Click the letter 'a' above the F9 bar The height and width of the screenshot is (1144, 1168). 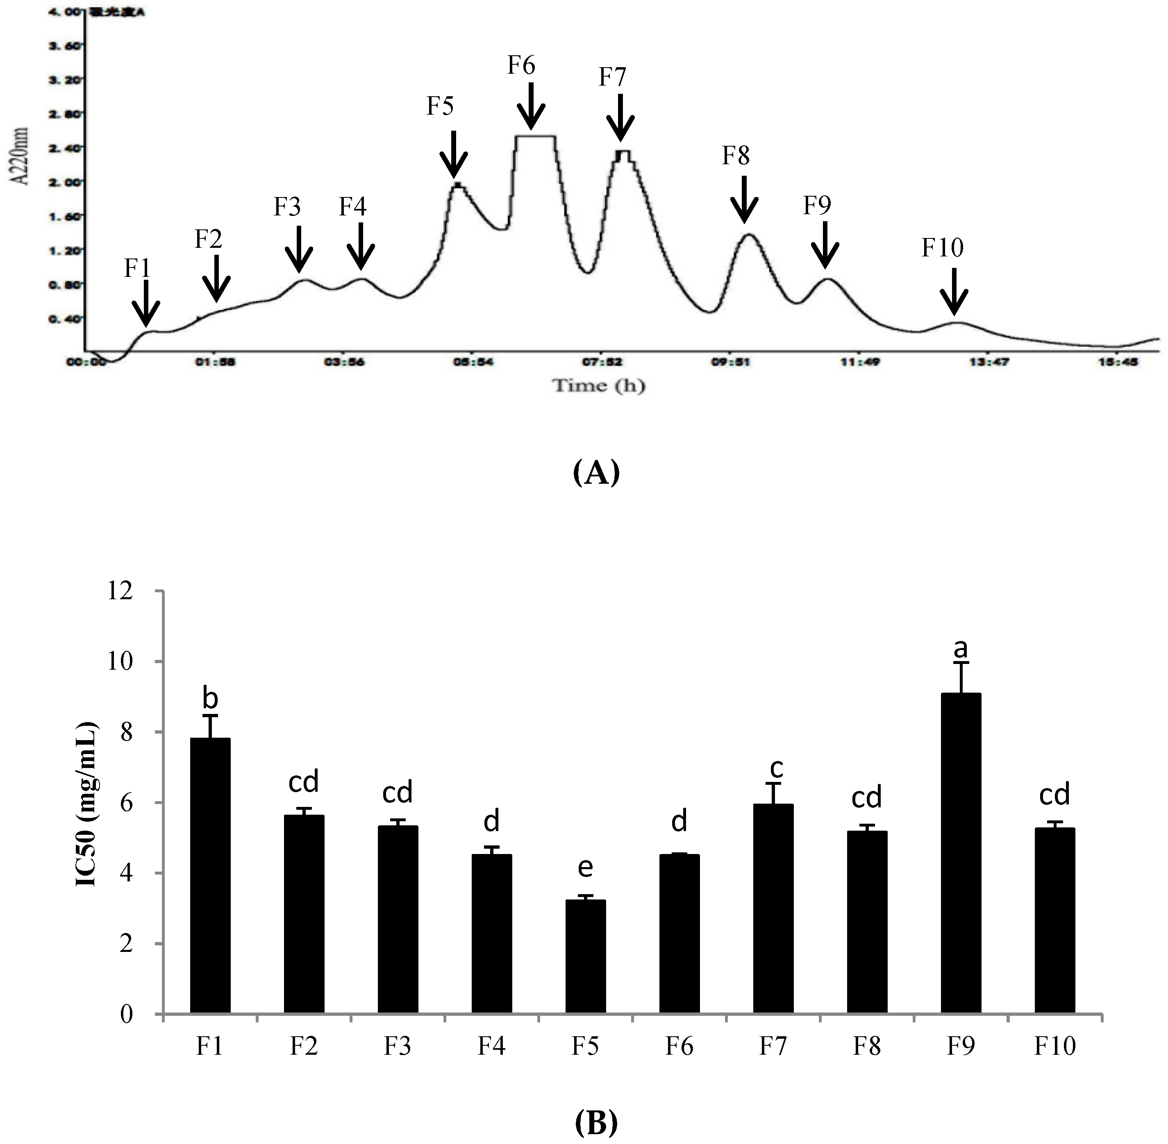(x=961, y=648)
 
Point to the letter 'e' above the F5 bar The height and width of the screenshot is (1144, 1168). (x=585, y=868)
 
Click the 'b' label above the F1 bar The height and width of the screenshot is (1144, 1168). (x=210, y=698)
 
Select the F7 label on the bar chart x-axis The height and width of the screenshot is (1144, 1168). (x=773, y=1047)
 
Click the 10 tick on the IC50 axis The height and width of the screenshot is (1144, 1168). (x=135, y=661)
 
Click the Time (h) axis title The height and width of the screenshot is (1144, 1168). (x=599, y=385)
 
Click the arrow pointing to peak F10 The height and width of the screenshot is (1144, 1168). (x=953, y=291)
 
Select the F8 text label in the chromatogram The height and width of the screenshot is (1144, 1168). (x=736, y=156)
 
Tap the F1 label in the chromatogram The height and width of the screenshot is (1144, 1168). (x=137, y=269)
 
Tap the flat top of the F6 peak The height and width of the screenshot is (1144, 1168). (x=534, y=136)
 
